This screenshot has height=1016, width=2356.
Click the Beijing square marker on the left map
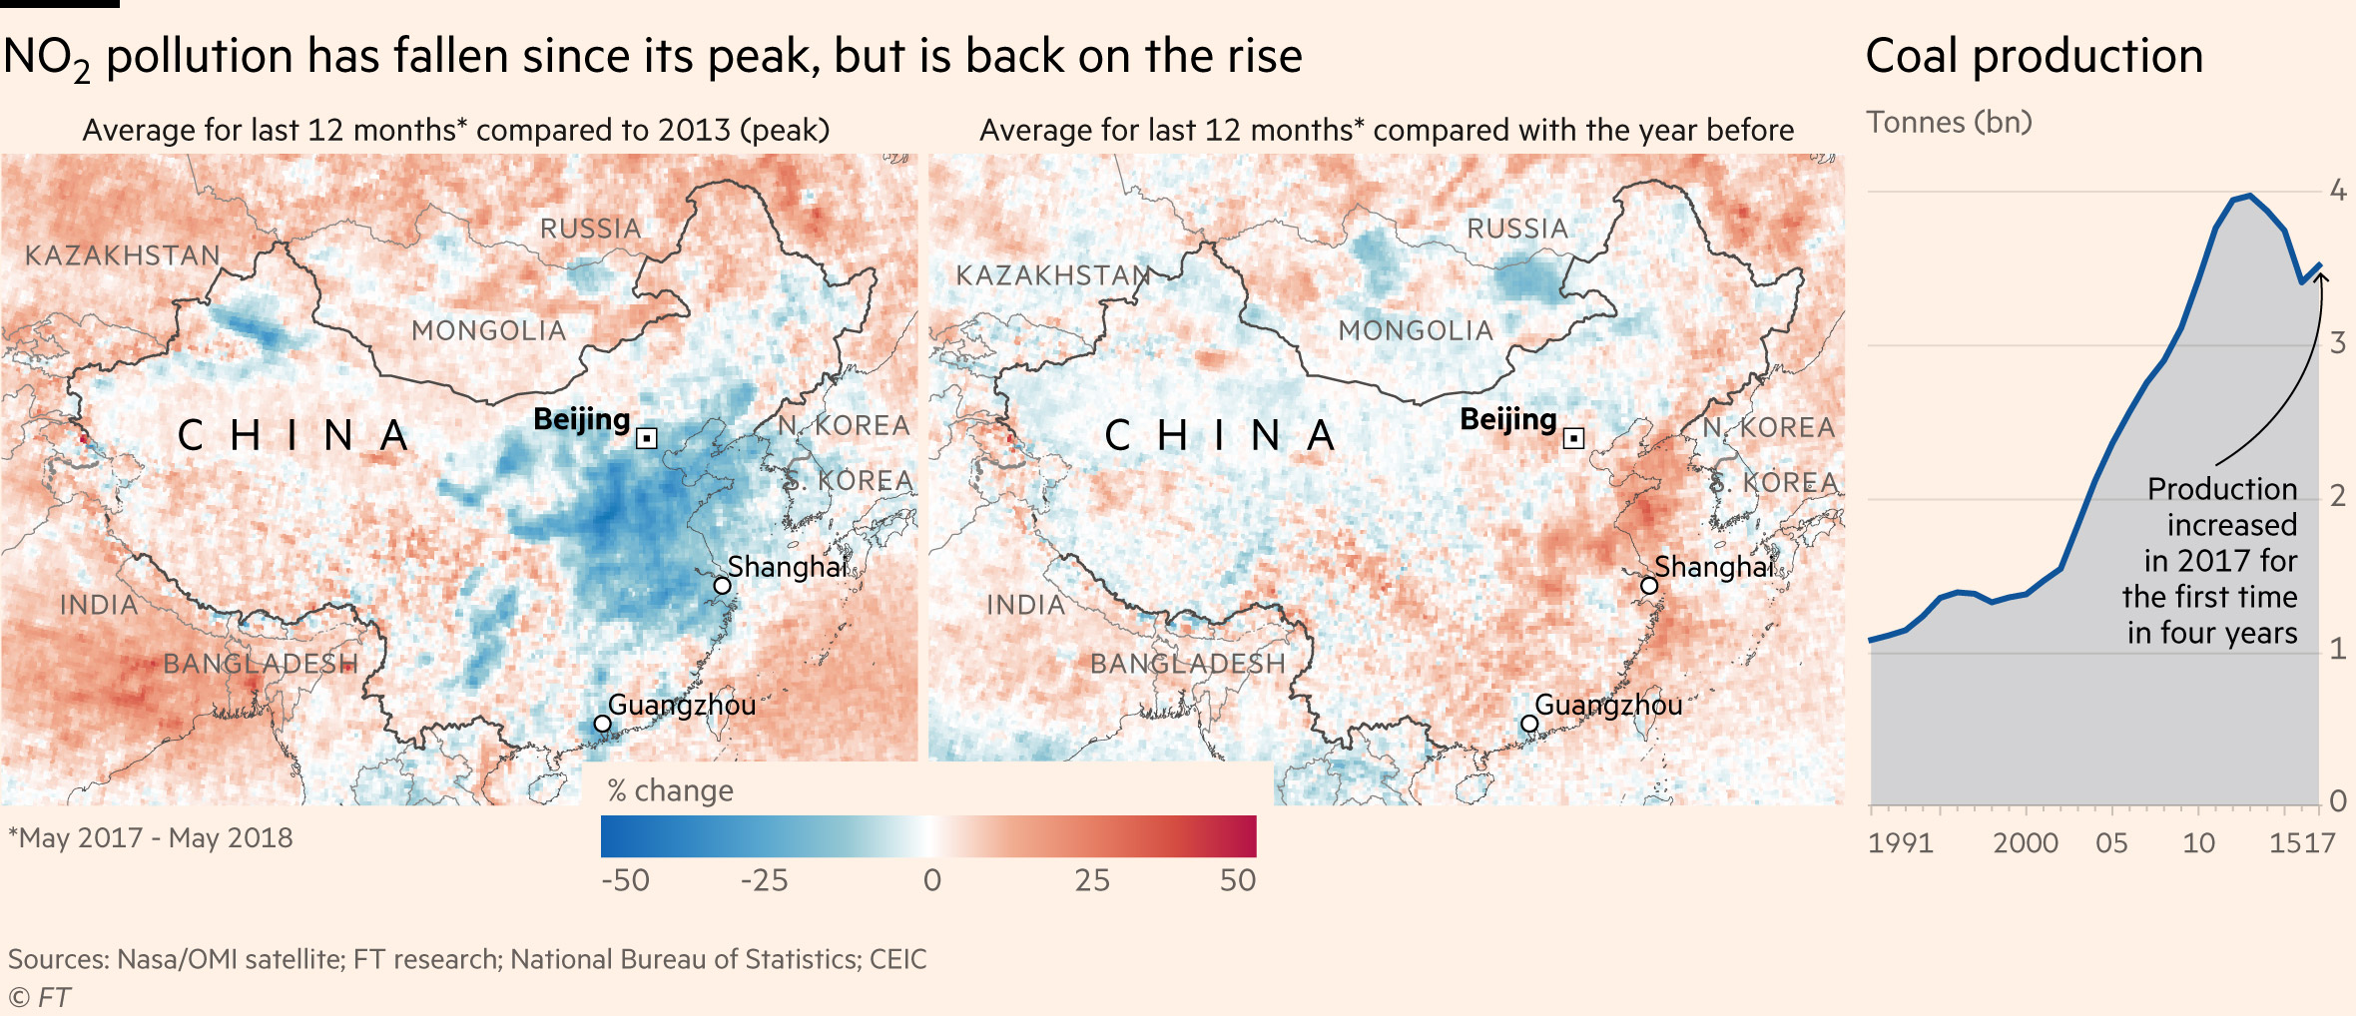(647, 438)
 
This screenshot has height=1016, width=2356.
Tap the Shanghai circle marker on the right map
(1649, 586)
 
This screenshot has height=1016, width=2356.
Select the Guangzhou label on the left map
(682, 705)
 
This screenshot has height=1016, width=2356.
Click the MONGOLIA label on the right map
(1416, 330)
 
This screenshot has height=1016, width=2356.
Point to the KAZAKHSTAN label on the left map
(123, 255)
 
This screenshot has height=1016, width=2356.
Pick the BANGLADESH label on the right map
(1188, 664)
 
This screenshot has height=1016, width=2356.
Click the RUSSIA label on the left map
(591, 229)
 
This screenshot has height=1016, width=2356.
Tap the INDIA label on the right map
(1025, 605)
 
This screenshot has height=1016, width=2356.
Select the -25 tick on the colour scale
(764, 880)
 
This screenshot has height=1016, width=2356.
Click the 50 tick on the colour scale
(1238, 880)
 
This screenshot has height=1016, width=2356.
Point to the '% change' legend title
(671, 790)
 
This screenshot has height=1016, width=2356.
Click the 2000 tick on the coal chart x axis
(2026, 843)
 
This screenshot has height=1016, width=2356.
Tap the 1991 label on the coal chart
(1901, 843)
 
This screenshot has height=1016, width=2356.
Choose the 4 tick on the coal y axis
(2338, 190)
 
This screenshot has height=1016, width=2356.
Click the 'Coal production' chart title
(2034, 56)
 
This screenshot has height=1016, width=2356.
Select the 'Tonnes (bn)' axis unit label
(1949, 122)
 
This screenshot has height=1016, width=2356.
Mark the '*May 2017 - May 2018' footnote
(151, 837)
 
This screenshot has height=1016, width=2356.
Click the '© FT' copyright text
(40, 997)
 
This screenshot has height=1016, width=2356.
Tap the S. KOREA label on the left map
(849, 481)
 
